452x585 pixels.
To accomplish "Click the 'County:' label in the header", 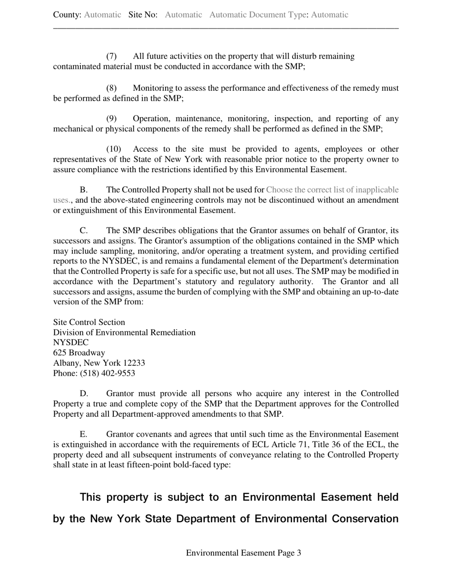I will (x=67, y=15).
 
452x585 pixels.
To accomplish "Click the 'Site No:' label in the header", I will (x=143, y=15).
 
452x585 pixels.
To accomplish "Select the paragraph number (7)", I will (x=111, y=57).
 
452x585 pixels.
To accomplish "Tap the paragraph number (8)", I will (x=111, y=88).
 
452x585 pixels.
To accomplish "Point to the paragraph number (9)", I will (x=111, y=118).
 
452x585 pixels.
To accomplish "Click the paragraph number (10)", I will (x=113, y=149).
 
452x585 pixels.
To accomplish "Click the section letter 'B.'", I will (x=84, y=190).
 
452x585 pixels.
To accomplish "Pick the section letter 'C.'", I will (x=84, y=231).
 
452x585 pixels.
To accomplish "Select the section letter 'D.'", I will (x=84, y=394).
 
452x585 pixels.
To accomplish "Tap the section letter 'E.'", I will (x=84, y=434).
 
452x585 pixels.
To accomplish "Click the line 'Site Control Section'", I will (x=89, y=322).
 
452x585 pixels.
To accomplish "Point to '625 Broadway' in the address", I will (x=79, y=353).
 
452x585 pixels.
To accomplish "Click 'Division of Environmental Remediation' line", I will (x=124, y=332).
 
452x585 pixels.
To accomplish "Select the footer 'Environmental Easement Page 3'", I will (x=243, y=553).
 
